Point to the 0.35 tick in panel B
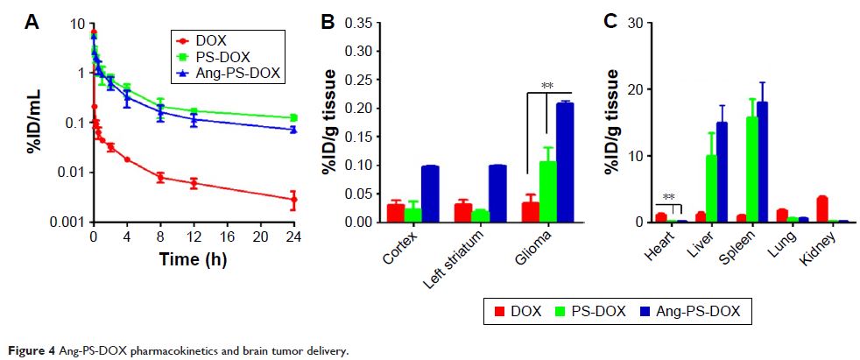(x=356, y=23)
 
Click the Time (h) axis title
(x=193, y=259)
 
